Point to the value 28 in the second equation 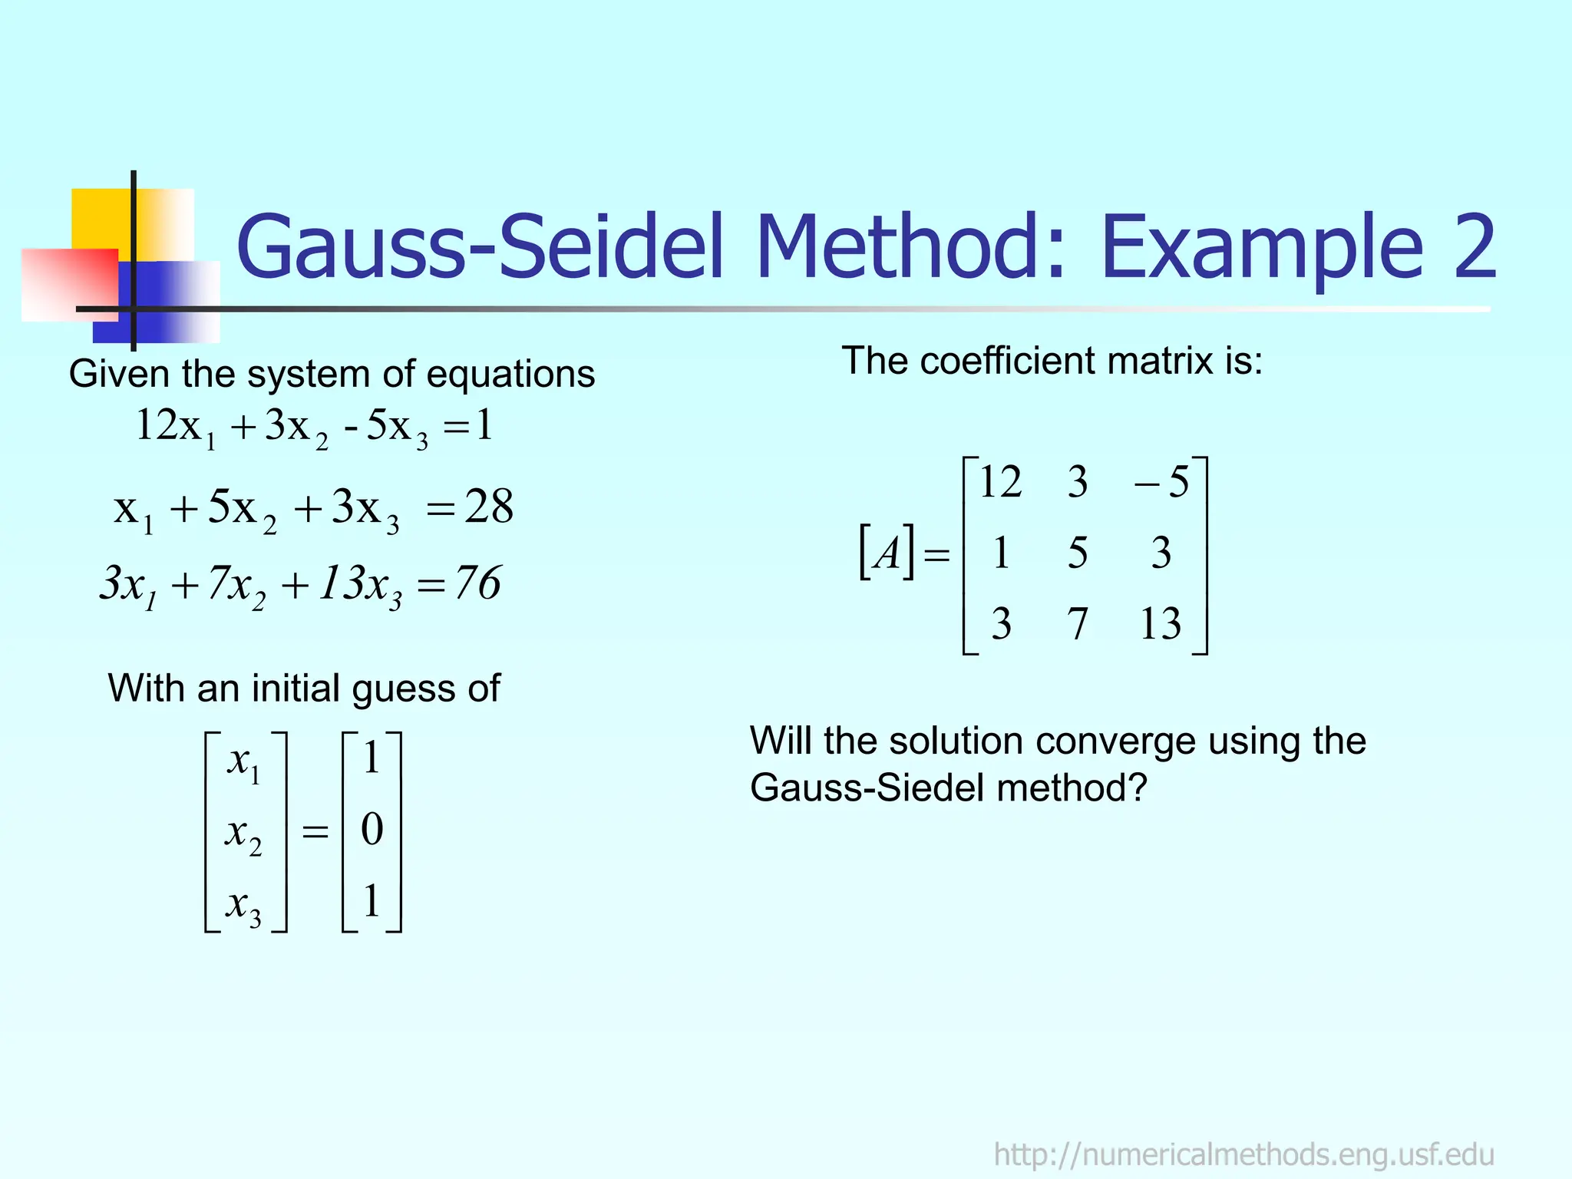pos(489,507)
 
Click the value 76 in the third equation pos(477,583)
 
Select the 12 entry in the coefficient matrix pos(1000,483)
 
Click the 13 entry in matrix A pos(1160,623)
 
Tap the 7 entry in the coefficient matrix pos(1078,623)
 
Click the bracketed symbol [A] pos(887,552)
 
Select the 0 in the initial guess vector pos(372,830)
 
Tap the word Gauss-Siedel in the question pos(867,788)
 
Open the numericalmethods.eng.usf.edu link pos(1243,1154)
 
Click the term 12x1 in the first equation pos(175,427)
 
